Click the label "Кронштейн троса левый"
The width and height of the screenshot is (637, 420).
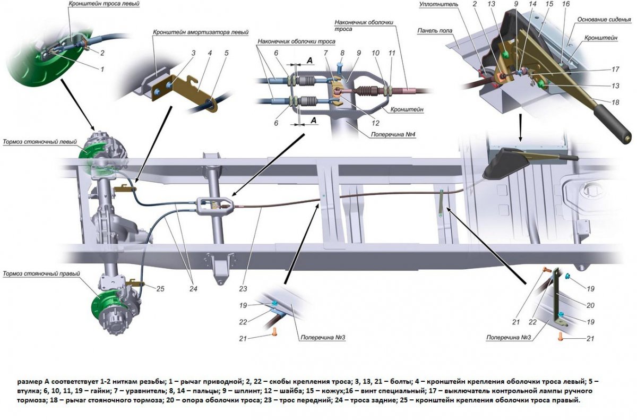point(104,4)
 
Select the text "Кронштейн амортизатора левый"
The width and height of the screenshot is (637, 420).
point(201,32)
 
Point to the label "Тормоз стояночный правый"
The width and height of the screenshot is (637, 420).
point(41,274)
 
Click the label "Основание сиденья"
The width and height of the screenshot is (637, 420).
point(603,20)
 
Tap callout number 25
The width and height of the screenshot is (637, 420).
point(161,288)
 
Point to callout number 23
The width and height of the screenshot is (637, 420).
point(244,289)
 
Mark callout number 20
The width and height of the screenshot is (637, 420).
point(591,305)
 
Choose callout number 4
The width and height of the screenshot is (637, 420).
point(210,53)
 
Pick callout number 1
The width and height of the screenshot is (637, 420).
point(102,69)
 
